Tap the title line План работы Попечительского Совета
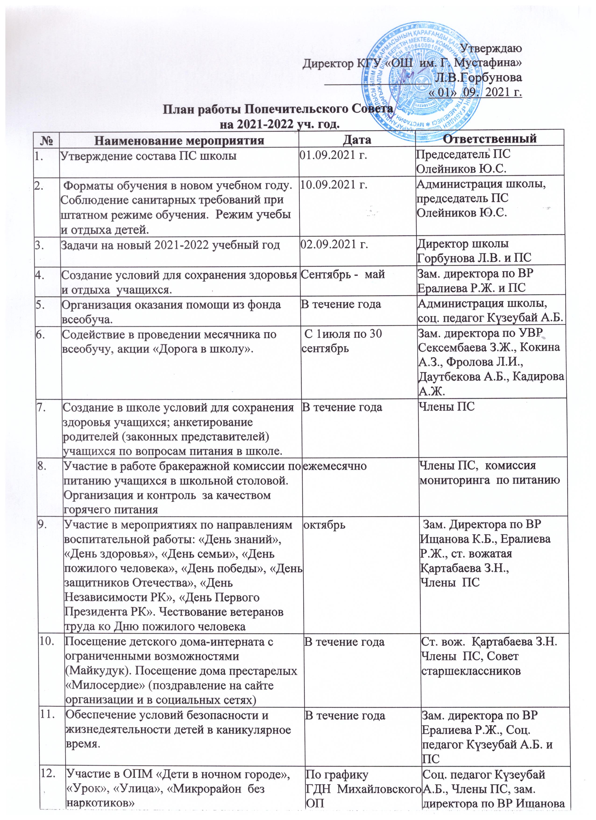279,110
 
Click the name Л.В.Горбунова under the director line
479,77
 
